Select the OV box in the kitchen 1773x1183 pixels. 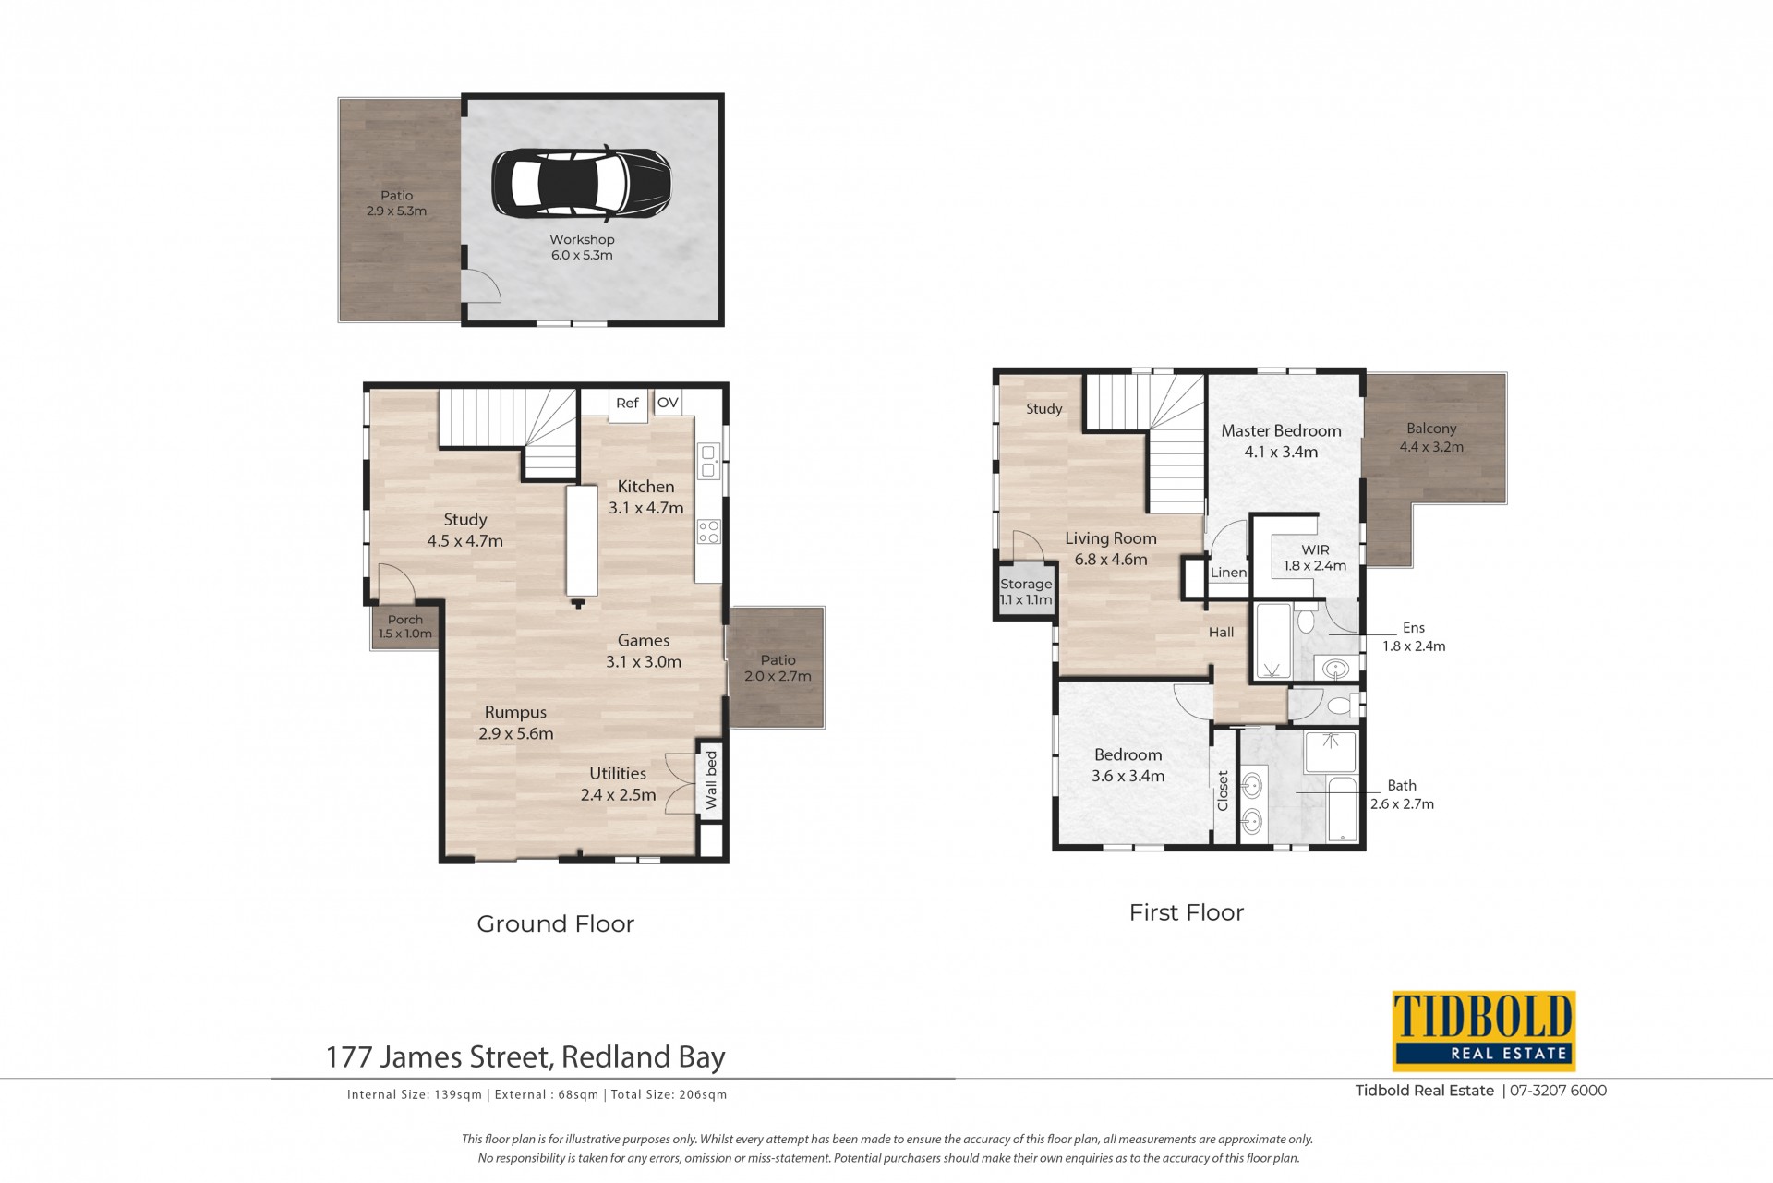click(668, 403)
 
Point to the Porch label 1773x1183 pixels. click(405, 620)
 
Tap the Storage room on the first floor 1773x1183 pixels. click(1026, 591)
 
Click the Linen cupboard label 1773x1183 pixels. click(1228, 573)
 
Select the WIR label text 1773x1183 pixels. click(1316, 549)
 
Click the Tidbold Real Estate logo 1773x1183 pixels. click(1483, 1031)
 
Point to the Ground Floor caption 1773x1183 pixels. click(556, 923)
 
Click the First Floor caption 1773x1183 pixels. click(1187, 912)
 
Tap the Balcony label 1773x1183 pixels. click(1431, 429)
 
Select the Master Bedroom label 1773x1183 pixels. click(1281, 430)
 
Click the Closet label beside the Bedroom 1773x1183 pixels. click(1224, 791)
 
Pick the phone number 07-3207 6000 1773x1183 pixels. click(1559, 1091)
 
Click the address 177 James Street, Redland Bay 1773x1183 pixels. click(526, 1056)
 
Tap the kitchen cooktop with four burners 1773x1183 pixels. click(709, 531)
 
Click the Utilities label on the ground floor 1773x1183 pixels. click(618, 774)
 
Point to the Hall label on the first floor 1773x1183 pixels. click(1222, 633)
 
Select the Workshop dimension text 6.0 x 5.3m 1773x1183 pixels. click(582, 255)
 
